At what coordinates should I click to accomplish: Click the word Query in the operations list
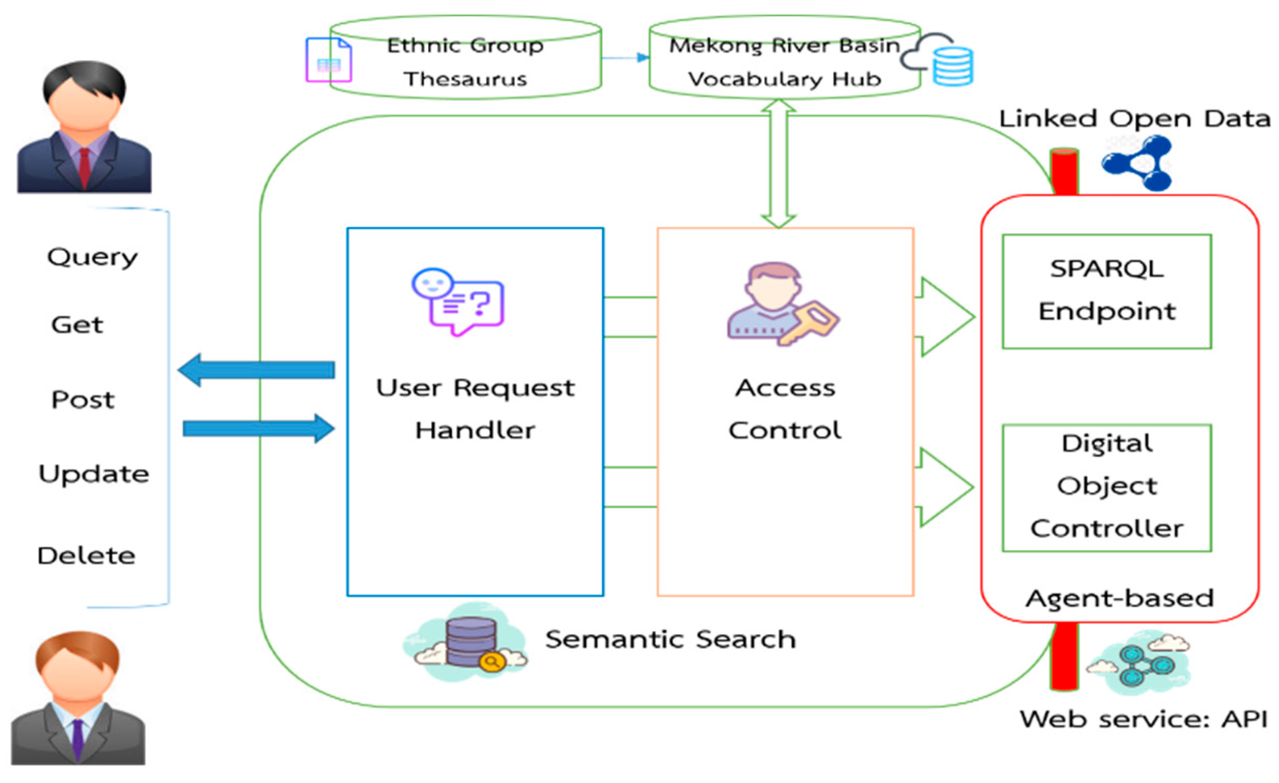point(93,258)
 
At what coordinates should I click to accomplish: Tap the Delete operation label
point(86,556)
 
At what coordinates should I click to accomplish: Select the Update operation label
point(94,474)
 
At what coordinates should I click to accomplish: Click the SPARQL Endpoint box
point(1106,291)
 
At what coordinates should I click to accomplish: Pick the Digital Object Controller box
point(1106,487)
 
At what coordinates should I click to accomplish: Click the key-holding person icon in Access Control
point(782,304)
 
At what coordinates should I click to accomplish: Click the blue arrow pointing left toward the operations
point(256,370)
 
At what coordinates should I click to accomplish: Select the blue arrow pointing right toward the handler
point(258,429)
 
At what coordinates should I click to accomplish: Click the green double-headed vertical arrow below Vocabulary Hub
point(778,163)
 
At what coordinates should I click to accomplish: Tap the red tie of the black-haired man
point(84,166)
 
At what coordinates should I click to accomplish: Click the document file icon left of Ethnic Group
point(329,60)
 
